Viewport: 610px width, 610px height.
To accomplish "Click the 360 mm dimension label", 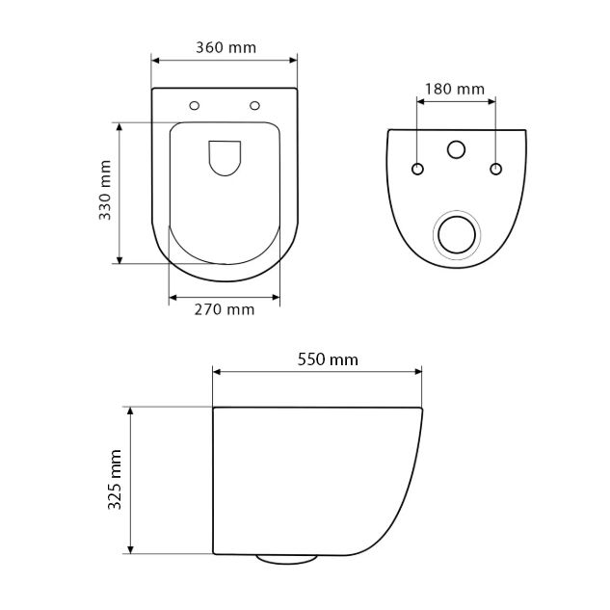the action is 225,48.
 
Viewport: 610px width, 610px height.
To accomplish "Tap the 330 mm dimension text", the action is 105,190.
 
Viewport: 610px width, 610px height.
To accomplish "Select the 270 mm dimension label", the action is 225,310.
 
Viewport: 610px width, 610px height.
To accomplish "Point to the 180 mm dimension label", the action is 455,90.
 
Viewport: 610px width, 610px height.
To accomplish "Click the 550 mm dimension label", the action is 328,359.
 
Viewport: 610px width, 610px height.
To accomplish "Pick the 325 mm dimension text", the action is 115,479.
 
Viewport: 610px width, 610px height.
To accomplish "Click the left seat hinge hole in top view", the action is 194,105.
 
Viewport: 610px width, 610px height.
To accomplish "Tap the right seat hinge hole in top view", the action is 254,105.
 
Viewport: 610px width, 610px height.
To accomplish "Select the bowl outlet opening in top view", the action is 225,157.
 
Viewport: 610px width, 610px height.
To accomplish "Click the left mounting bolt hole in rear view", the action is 417,169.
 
